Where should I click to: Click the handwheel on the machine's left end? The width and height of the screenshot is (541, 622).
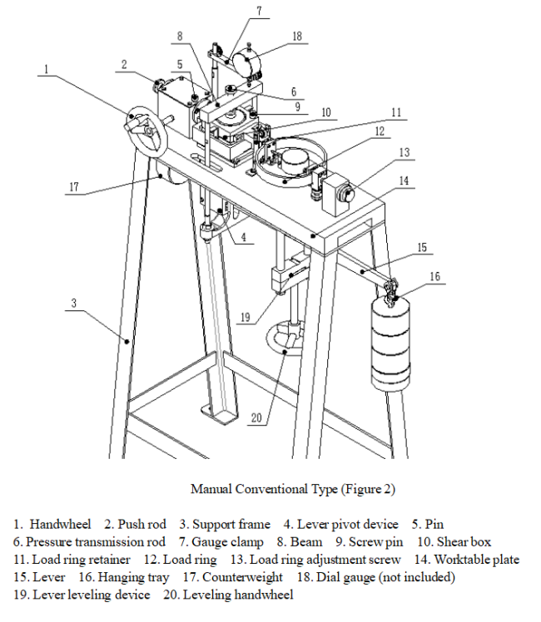point(144,131)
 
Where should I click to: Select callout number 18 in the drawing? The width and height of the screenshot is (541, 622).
point(297,37)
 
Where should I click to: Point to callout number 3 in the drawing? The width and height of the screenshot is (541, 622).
point(73,304)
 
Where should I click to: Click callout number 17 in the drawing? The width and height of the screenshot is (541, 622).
point(73,187)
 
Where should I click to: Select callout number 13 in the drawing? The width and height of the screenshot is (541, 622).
point(405,153)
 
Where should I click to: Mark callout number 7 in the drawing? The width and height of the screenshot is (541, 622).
point(259,11)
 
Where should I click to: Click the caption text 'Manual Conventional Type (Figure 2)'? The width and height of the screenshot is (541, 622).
point(292,489)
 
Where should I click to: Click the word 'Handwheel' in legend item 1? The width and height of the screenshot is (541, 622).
point(60,524)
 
